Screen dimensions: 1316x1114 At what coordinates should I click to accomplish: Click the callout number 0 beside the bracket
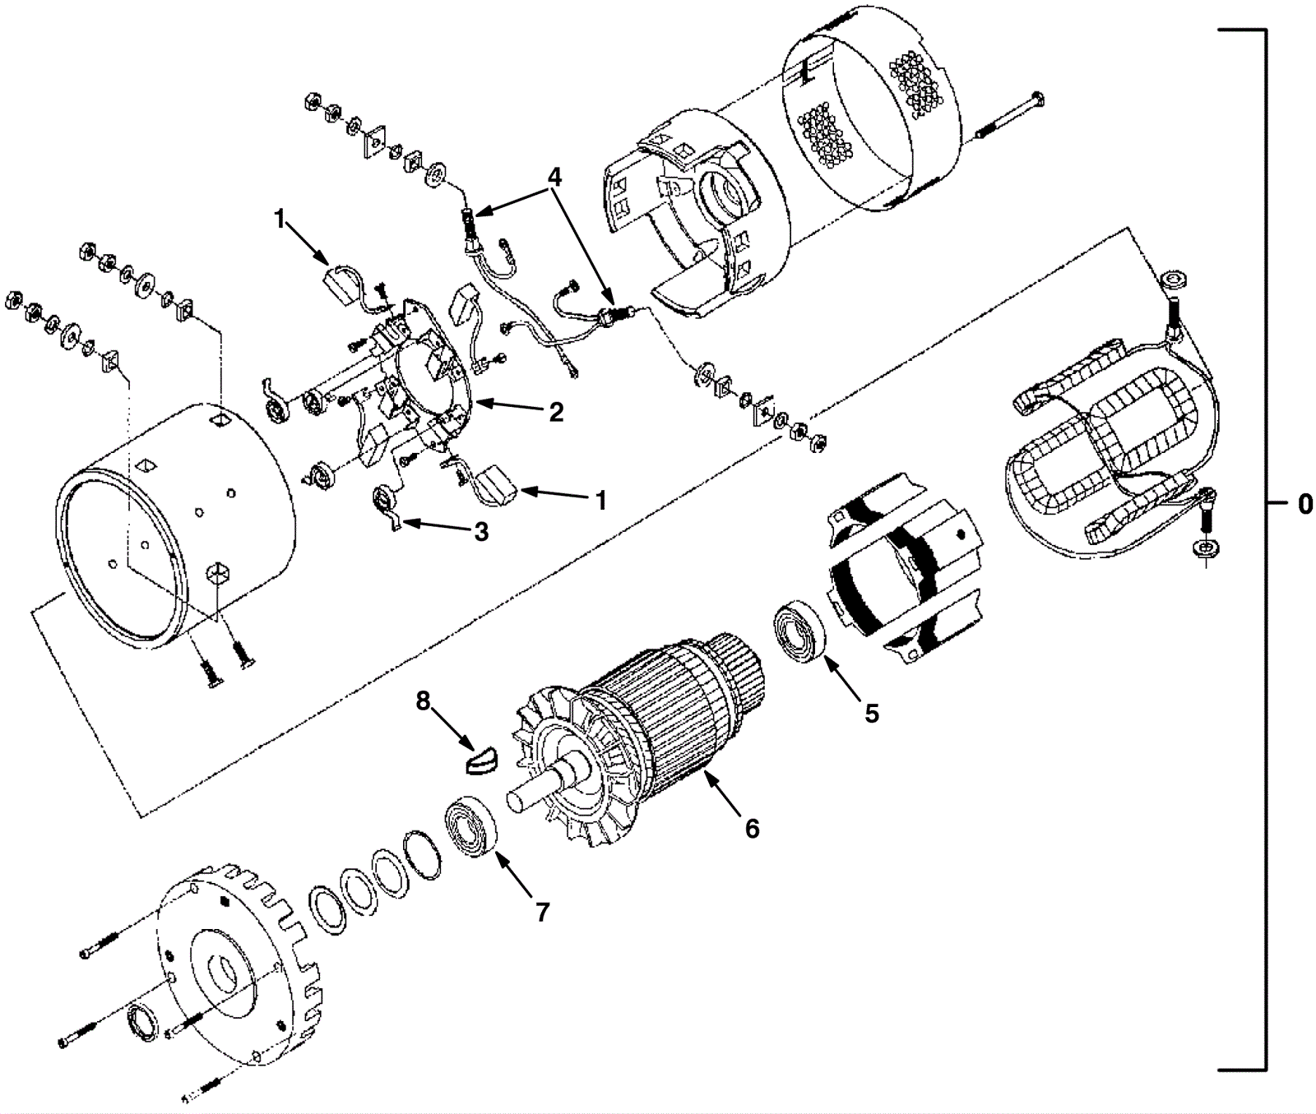1304,504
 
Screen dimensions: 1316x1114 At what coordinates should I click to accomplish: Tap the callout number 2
557,412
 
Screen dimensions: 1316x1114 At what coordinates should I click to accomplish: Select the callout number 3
481,531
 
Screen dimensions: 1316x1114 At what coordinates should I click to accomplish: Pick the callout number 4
556,177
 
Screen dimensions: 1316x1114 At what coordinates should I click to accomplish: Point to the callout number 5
871,713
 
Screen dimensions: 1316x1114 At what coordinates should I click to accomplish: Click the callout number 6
752,828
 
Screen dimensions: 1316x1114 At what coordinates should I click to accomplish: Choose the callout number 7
542,911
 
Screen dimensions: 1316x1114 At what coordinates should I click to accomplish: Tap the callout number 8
424,700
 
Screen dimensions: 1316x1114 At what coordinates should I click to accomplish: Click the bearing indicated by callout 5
799,633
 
